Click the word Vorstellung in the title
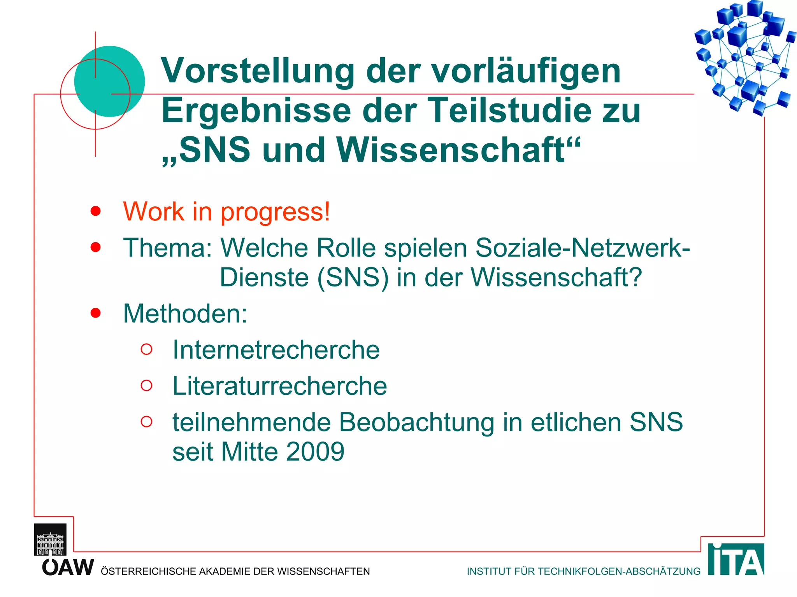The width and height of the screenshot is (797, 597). pyautogui.click(x=257, y=71)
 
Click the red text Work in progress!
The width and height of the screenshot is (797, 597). pyautogui.click(x=226, y=212)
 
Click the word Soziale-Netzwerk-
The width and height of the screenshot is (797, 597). pyautogui.click(x=583, y=248)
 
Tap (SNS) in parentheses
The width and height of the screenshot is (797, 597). pyautogui.click(x=353, y=278)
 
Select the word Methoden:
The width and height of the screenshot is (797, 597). pyautogui.click(x=185, y=314)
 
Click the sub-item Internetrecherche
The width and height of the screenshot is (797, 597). pyautogui.click(x=276, y=350)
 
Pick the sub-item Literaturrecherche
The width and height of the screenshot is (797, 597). pyautogui.click(x=279, y=386)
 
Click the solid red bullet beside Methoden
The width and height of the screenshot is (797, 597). pyautogui.click(x=95, y=313)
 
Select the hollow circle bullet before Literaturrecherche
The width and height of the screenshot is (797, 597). pyautogui.click(x=146, y=385)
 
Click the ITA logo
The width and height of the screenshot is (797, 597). pyautogui.click(x=736, y=560)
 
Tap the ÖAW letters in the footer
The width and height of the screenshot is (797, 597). pyautogui.click(x=68, y=567)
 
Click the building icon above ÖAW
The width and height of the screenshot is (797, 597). pyautogui.click(x=50, y=540)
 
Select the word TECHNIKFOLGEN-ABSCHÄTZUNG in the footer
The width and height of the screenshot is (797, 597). pyautogui.click(x=619, y=571)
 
